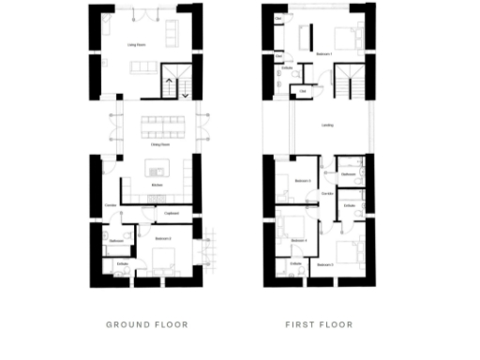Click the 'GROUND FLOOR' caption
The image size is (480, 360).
(147, 325)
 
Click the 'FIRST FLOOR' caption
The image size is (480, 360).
(319, 325)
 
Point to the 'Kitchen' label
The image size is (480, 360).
(157, 186)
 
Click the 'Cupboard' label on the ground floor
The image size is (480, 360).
(172, 214)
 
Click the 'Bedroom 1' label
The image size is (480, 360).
(326, 55)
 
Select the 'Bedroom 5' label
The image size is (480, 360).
(326, 265)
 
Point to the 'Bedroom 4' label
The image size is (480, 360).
(300, 241)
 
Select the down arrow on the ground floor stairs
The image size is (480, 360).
(185, 93)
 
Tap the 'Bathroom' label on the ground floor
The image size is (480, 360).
(117, 241)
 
